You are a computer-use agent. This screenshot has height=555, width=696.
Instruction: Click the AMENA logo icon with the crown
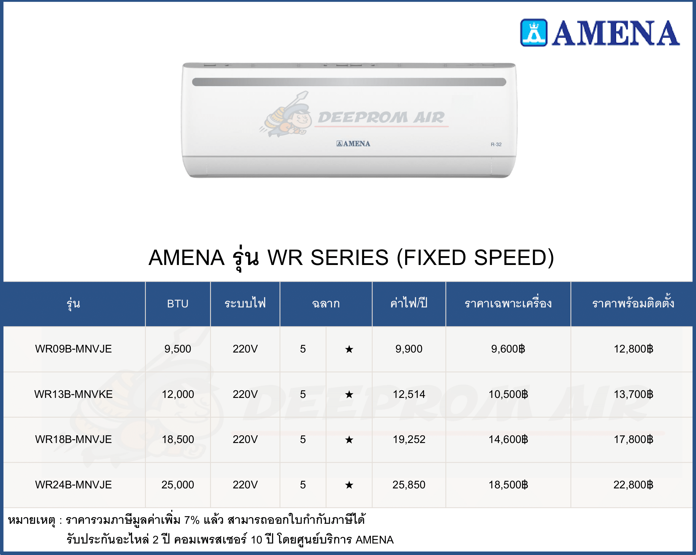coord(534,33)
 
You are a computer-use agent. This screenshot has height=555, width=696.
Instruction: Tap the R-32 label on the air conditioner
coord(496,144)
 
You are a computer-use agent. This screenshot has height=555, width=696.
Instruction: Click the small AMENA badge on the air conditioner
coord(353,144)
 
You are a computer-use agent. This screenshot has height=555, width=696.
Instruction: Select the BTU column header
coord(178,304)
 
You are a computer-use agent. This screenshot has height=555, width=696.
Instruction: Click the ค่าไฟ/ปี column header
coord(409,303)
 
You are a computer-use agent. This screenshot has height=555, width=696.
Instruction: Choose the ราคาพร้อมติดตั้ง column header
coord(633,302)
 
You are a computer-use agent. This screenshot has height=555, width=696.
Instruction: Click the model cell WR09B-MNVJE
coord(73,349)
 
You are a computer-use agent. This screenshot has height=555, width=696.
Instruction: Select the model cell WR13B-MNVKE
coord(73,394)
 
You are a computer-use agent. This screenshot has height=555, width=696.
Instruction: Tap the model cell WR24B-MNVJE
coord(73,485)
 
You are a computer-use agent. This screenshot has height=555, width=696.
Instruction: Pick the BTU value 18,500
coord(178,439)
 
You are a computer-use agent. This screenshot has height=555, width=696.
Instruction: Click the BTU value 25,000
coord(178,485)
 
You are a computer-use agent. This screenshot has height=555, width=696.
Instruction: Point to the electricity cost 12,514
coord(409,394)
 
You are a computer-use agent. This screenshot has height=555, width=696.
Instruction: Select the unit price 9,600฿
coord(508,349)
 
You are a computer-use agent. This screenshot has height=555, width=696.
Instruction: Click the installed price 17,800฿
coord(633,439)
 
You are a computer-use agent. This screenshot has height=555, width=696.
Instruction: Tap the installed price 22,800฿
coord(633,485)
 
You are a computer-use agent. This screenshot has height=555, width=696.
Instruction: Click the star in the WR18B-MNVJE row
coord(349,439)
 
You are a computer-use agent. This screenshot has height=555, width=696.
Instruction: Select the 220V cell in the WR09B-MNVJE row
coord(245,349)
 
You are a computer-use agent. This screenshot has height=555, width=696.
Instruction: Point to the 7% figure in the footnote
coord(192,520)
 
